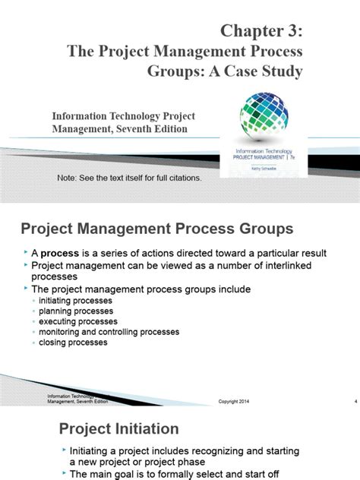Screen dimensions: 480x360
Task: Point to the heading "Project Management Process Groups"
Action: [156, 229]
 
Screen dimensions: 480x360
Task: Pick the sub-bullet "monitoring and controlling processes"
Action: [109, 332]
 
